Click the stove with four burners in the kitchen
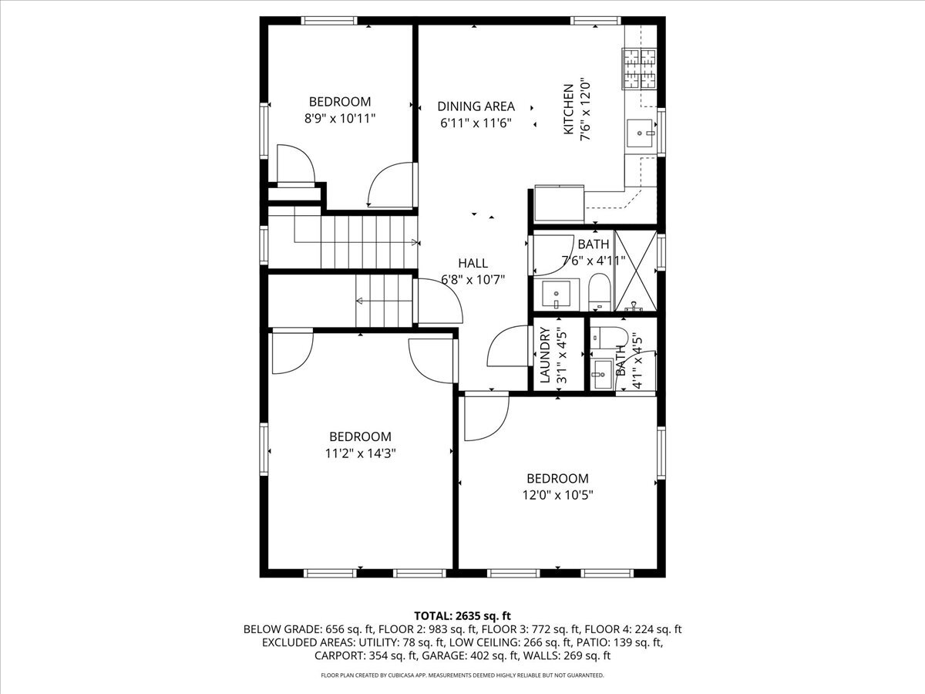[x=640, y=69]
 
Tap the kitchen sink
[x=640, y=133]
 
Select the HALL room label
[x=473, y=264]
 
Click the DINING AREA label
[x=476, y=106]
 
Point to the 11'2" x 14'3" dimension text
[x=360, y=453]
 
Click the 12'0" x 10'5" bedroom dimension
[x=557, y=495]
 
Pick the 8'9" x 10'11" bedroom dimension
[x=340, y=119]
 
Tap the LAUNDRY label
[x=545, y=355]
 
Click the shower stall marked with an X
[x=636, y=271]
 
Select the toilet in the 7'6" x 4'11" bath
[x=599, y=292]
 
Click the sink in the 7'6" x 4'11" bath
[x=557, y=293]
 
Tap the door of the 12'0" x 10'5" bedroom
[x=486, y=416]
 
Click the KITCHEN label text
[x=568, y=109]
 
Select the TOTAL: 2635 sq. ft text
[x=462, y=615]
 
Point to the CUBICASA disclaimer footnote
[x=462, y=675]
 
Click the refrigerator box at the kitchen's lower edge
[x=559, y=204]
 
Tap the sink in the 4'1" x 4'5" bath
[x=601, y=374]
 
